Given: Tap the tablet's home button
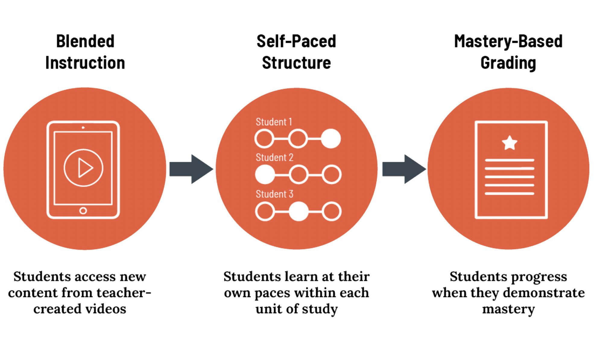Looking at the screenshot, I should (x=83, y=211).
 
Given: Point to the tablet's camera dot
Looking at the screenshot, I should (x=83, y=128).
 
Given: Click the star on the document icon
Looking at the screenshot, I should (x=510, y=143).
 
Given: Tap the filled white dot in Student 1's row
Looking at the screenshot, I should (x=331, y=139).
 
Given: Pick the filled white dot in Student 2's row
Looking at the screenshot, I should (x=265, y=175).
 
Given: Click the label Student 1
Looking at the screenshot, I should (x=274, y=122).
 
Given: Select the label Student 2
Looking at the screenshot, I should (x=274, y=157).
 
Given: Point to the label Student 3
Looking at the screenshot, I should (x=274, y=194).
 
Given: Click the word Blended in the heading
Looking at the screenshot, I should (x=85, y=41).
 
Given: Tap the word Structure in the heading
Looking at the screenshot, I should (x=296, y=63).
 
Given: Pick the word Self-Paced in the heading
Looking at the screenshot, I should (x=296, y=41).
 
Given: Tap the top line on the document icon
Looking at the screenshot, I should (x=510, y=160).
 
